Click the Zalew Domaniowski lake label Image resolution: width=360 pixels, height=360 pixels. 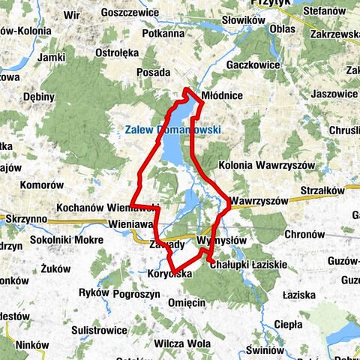click(x=169, y=129)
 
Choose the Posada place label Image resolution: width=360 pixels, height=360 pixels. click(x=154, y=73)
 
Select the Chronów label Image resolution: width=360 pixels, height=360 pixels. click(x=304, y=234)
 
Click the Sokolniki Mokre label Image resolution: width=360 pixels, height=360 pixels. click(x=67, y=240)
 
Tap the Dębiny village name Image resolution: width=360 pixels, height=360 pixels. click(x=39, y=97)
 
